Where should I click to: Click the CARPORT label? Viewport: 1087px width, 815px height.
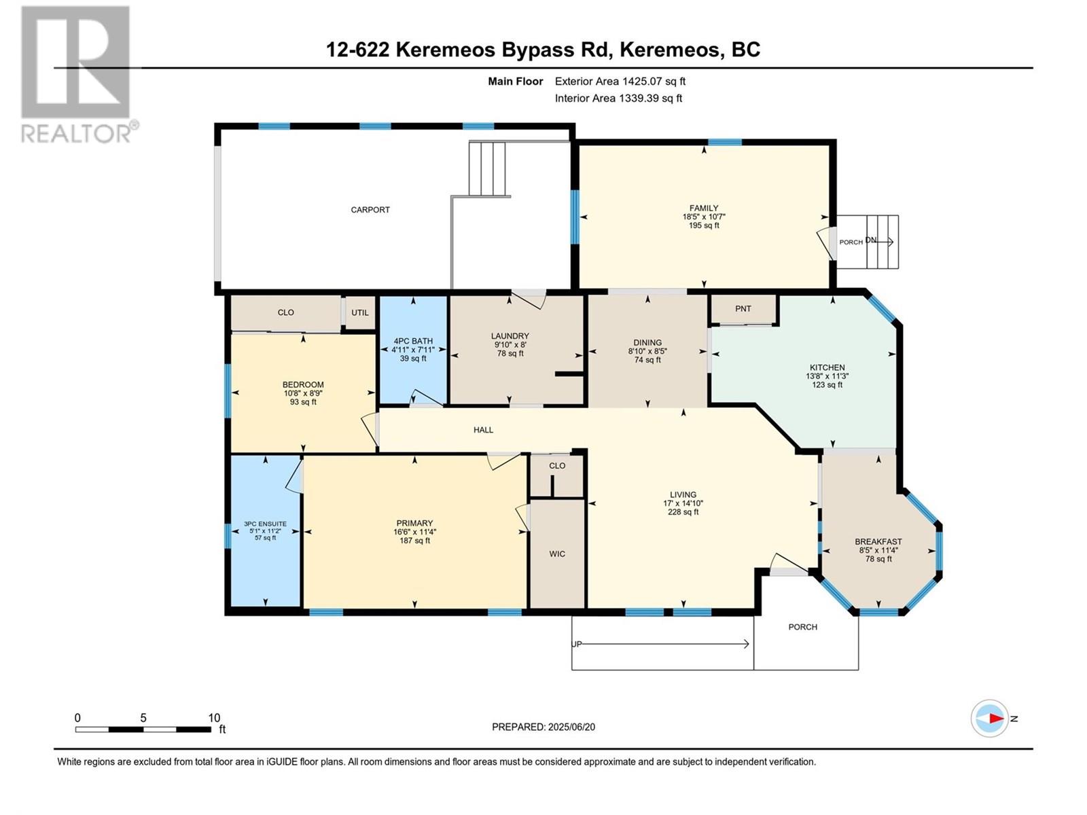pos(370,210)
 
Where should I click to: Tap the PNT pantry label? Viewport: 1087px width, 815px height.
pos(743,308)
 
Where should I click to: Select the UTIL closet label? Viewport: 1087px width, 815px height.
pos(360,313)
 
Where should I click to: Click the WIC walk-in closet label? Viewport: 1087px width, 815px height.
pos(557,554)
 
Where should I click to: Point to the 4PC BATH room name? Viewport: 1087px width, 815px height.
pos(413,342)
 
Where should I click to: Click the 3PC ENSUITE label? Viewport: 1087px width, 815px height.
pos(265,524)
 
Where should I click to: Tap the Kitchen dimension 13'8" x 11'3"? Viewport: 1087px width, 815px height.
pos(827,376)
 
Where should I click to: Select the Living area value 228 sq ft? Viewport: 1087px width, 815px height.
pos(683,512)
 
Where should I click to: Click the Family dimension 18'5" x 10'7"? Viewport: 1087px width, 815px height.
pos(703,217)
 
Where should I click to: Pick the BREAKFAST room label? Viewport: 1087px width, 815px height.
pos(878,542)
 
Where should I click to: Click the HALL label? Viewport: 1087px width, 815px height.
pos(483,430)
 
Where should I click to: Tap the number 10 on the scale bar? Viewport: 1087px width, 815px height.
pos(214,718)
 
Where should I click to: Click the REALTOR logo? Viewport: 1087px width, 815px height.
pos(76,75)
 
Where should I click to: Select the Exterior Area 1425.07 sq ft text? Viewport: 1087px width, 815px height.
pos(620,81)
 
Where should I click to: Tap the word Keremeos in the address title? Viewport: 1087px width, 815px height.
pos(451,50)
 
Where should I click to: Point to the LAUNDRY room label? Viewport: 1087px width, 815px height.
pos(510,336)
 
